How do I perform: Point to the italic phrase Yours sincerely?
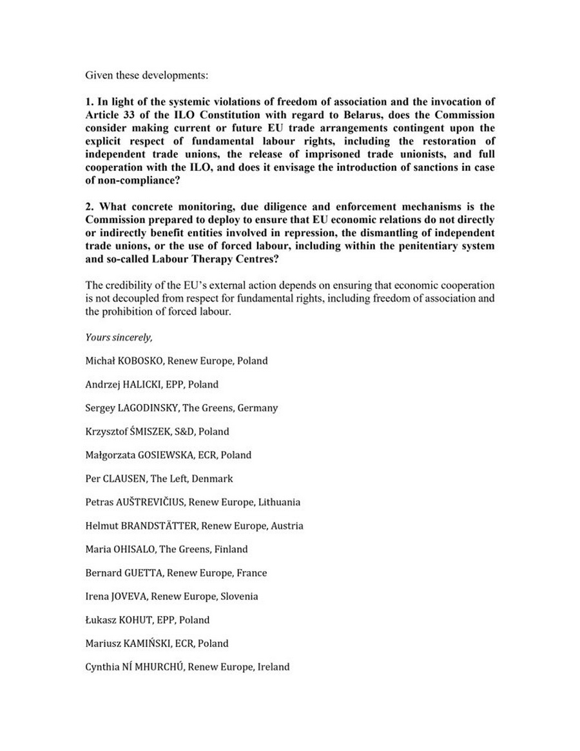[x=119, y=337]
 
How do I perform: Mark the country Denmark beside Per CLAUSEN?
[x=212, y=479]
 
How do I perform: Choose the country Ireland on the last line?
[x=273, y=667]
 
